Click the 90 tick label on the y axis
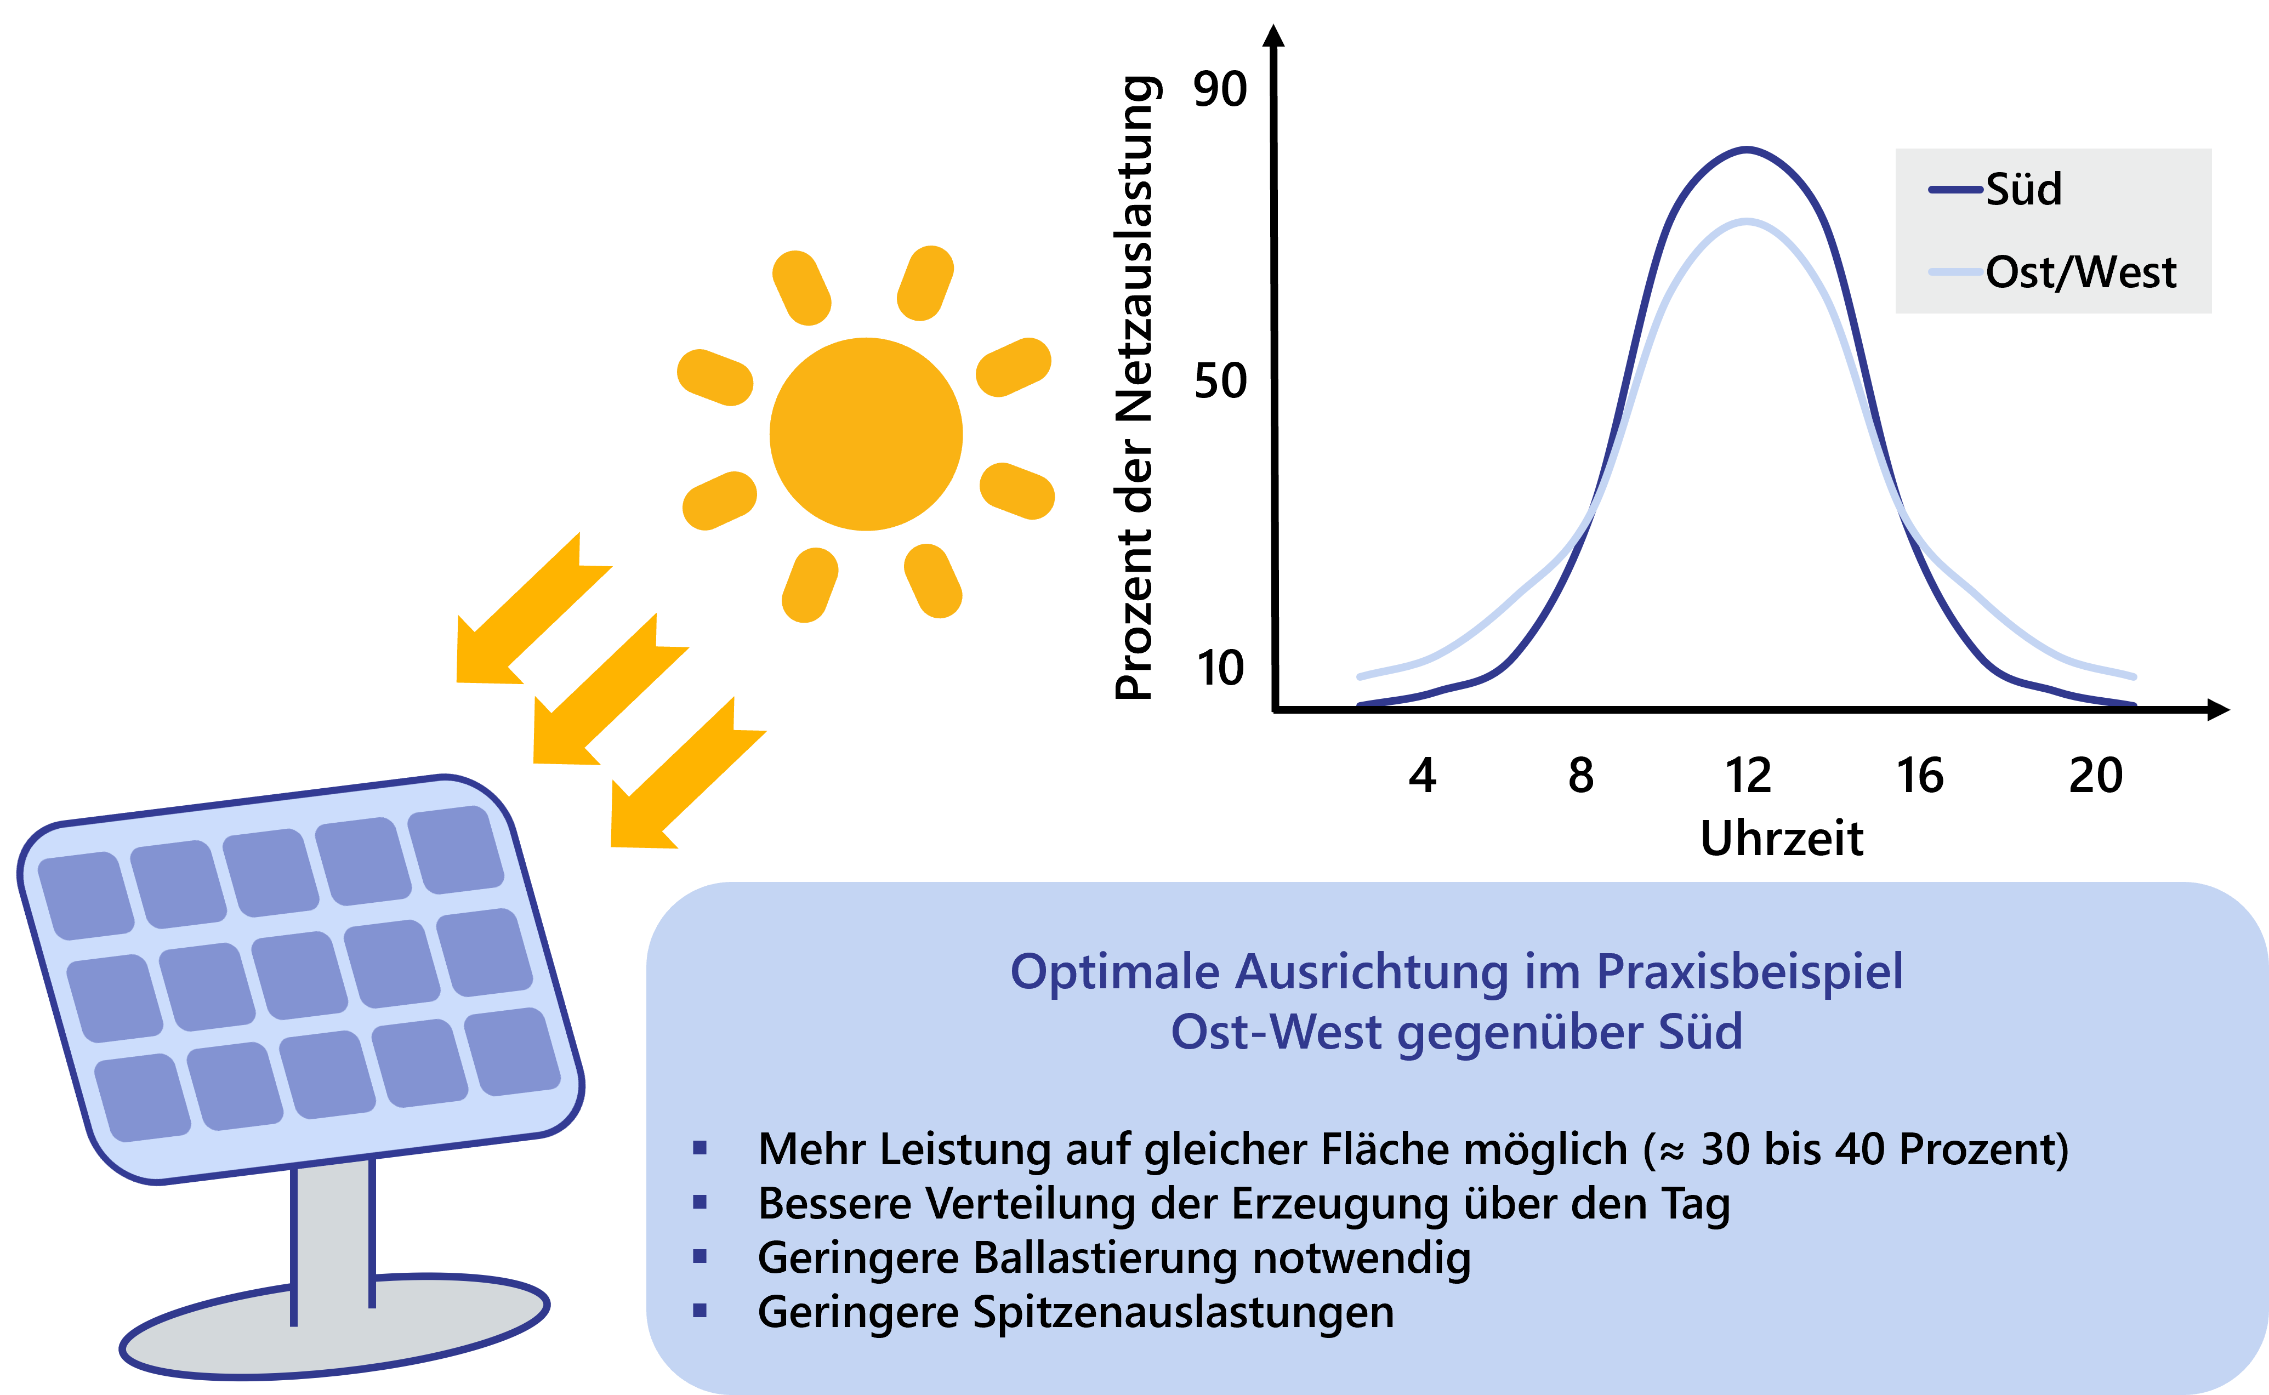[1220, 89]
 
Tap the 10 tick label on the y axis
[1220, 668]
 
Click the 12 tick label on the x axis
[1748, 775]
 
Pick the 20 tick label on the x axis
[2096, 775]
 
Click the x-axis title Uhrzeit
[1782, 838]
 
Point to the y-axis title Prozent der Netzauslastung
[1135, 388]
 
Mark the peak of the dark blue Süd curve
[1747, 150]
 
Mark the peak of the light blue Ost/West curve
[1747, 221]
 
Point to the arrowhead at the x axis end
[2218, 709]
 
